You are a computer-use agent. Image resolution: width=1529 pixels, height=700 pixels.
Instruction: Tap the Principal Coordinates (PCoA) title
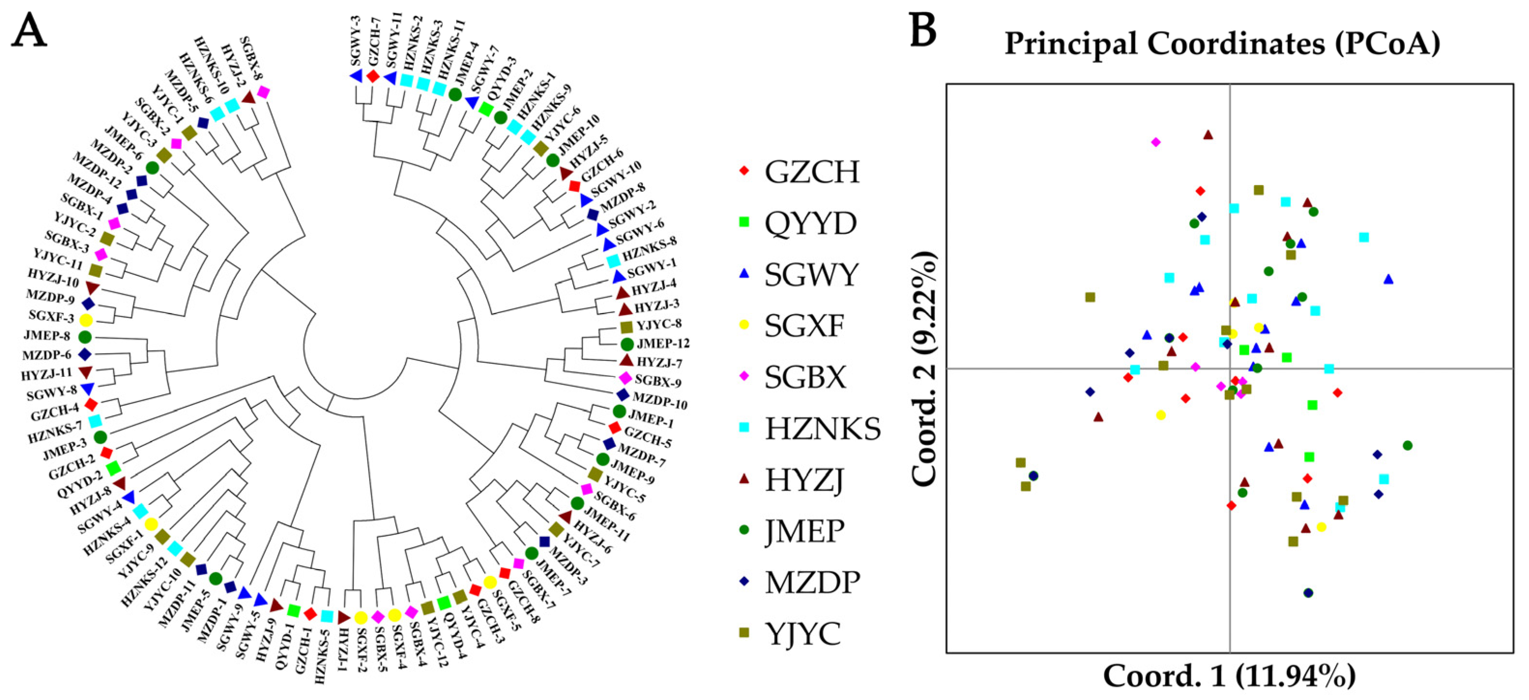(x=1222, y=43)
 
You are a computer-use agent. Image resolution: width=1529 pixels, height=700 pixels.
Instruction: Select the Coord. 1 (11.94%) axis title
(x=1229, y=676)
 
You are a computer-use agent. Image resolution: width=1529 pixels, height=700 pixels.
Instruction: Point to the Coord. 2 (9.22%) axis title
(x=924, y=369)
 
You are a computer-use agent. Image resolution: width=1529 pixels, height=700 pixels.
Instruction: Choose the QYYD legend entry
(x=810, y=223)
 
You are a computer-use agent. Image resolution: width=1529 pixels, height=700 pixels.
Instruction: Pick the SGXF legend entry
(x=804, y=326)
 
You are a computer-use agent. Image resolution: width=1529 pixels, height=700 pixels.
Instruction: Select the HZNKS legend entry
(x=822, y=429)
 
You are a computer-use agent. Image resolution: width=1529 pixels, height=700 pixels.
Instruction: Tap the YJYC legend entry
(x=802, y=633)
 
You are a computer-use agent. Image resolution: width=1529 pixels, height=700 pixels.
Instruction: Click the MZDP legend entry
(x=812, y=583)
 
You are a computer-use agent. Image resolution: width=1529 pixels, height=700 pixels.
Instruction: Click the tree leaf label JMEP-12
(x=663, y=343)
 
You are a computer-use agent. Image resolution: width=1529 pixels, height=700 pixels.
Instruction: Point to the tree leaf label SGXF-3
(x=52, y=318)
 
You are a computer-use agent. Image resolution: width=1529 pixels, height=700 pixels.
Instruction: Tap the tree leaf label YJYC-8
(x=659, y=325)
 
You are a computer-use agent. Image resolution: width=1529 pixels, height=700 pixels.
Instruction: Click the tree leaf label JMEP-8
(x=47, y=336)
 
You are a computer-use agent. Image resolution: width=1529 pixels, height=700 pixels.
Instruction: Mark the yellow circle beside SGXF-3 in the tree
(x=86, y=320)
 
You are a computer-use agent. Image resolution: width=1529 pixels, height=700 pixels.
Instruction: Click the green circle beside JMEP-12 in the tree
(x=627, y=344)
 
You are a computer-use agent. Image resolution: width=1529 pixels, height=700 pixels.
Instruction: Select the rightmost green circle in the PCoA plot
(x=1407, y=445)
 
